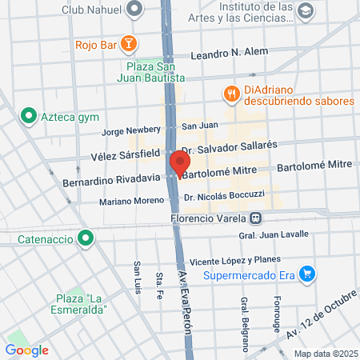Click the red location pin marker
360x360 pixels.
[177, 162]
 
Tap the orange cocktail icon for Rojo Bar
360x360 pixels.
[130, 43]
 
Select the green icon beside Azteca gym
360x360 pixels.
[30, 116]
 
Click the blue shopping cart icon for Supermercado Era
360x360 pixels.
[307, 274]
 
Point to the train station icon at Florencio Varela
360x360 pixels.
[255, 217]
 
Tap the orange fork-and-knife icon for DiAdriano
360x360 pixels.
[232, 93]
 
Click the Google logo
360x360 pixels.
[26, 350]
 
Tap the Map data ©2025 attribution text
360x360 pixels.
[326, 354]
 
